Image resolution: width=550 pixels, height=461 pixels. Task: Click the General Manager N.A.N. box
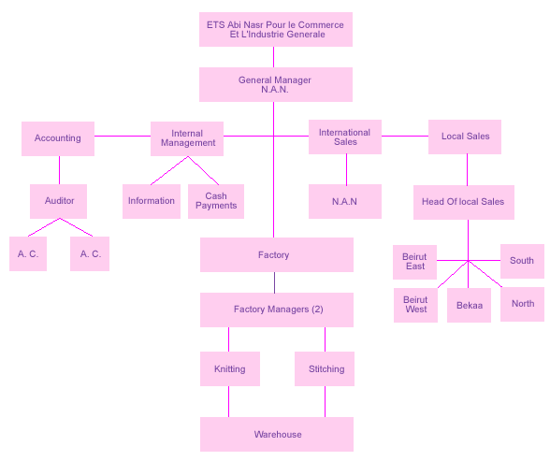(276, 84)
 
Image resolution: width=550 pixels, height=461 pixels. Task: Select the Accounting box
(58, 138)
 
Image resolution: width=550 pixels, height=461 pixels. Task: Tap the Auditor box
(58, 202)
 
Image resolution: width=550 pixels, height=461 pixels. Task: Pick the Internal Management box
(187, 138)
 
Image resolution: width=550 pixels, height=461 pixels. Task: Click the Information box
(152, 202)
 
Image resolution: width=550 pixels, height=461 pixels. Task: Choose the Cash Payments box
(216, 202)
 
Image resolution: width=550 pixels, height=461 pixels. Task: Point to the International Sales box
(345, 137)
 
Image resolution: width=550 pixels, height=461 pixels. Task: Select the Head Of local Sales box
(464, 202)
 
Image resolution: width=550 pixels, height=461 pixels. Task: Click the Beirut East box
(414, 262)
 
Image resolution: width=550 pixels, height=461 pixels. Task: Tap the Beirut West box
(415, 306)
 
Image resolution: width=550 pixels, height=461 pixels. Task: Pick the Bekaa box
(469, 306)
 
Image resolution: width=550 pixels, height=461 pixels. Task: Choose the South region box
(522, 261)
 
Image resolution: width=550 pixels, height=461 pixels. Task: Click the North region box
(522, 304)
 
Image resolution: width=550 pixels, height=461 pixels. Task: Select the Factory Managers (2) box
(277, 310)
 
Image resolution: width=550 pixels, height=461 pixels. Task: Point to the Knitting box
(230, 368)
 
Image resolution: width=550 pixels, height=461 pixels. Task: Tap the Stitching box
(325, 368)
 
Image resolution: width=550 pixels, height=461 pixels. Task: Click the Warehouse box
(277, 435)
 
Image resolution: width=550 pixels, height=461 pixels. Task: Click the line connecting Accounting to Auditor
(59, 170)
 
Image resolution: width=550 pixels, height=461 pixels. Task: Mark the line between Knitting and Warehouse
(228, 402)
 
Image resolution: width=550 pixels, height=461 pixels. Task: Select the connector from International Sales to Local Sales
(405, 136)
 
